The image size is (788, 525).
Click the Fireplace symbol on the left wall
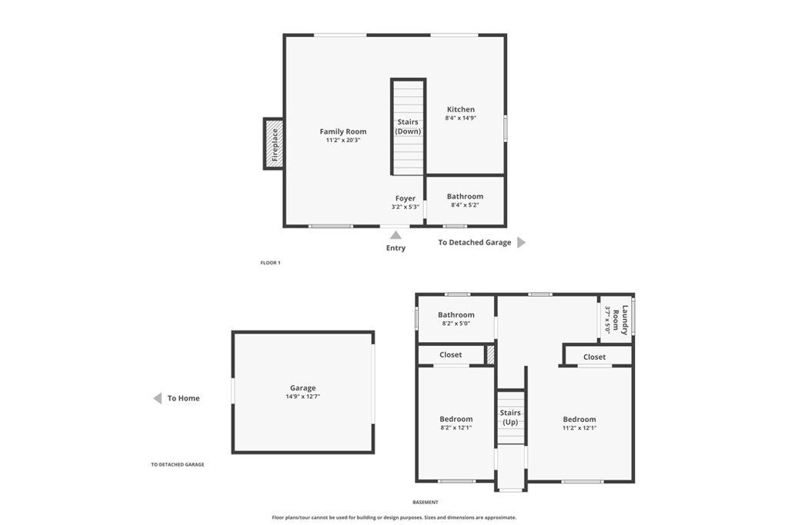(273, 144)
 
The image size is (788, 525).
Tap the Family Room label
(343, 131)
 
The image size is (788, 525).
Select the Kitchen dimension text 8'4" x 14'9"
(461, 118)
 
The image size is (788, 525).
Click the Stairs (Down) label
(408, 127)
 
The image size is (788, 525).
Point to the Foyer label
(406, 198)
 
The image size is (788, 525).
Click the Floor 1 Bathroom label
(465, 197)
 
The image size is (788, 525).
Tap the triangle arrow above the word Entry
(396, 234)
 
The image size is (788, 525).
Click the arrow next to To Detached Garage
(521, 242)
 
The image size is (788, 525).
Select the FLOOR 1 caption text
(270, 263)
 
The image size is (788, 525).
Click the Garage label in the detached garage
(302, 388)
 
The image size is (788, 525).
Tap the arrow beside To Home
(157, 398)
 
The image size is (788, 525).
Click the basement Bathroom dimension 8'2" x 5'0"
(456, 324)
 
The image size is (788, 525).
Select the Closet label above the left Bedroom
(450, 355)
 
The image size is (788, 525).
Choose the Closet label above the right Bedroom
(594, 357)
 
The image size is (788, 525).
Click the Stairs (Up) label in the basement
(510, 418)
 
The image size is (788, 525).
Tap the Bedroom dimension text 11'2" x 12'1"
(579, 428)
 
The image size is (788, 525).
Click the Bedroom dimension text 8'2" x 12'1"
(456, 428)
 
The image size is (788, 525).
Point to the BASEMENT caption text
(425, 503)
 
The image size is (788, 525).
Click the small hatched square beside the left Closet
(489, 355)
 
